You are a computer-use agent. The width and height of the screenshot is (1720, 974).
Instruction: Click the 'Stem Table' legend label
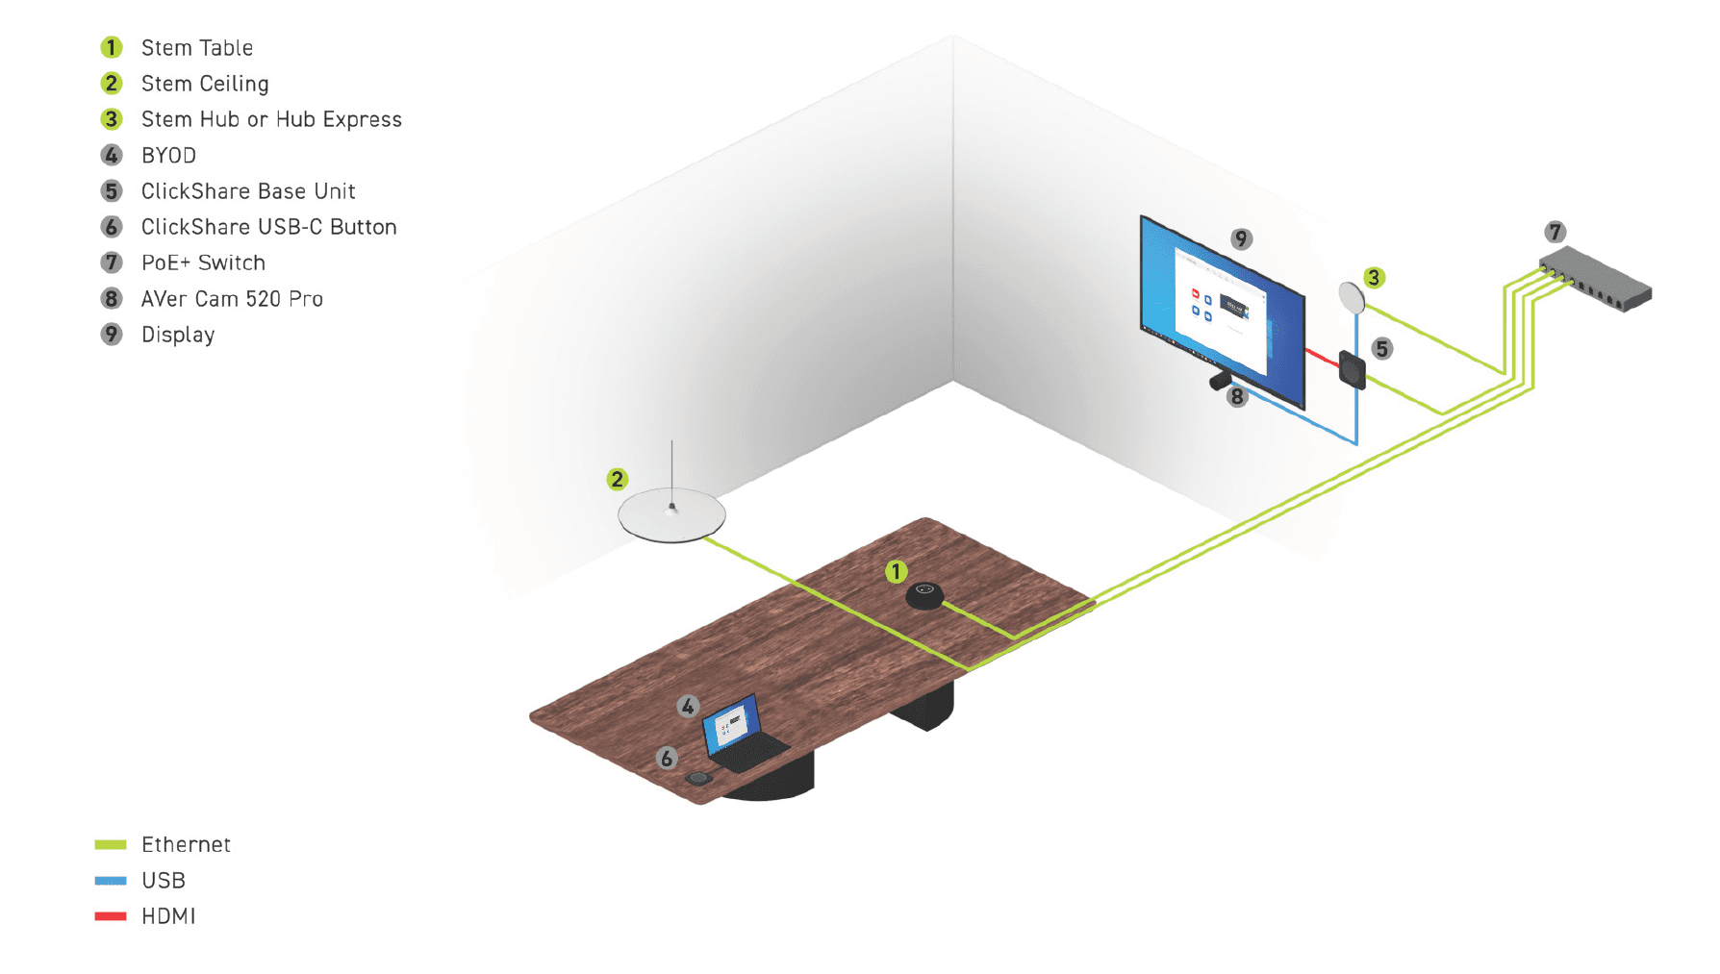196,48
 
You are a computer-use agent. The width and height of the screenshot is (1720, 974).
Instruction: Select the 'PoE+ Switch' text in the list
203,262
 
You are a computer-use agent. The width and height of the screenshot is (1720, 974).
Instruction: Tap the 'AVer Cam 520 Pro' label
232,299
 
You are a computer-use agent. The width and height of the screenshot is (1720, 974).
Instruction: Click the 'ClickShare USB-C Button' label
268,227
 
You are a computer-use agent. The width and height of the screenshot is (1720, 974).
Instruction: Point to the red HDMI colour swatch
111,916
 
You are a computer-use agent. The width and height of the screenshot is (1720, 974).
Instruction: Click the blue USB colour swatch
111,880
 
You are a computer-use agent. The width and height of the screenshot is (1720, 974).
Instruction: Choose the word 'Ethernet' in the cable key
186,844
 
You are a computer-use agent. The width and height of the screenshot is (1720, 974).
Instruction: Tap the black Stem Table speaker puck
924,595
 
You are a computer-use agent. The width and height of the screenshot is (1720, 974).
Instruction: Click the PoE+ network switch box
1594,278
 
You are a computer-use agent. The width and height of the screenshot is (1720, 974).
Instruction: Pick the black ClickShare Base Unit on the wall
1353,369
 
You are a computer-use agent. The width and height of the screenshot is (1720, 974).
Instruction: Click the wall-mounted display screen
1222,310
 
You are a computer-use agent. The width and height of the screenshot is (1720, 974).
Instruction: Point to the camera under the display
1220,380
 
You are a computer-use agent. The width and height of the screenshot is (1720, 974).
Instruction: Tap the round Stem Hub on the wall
1351,297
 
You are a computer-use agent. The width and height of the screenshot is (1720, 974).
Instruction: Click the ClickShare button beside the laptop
698,778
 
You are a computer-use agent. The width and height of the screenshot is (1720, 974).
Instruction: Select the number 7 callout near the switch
1555,232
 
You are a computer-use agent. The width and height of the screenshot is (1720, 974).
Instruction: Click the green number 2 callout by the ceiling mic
618,479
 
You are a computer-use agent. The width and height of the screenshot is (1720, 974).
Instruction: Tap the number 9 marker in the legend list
112,335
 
